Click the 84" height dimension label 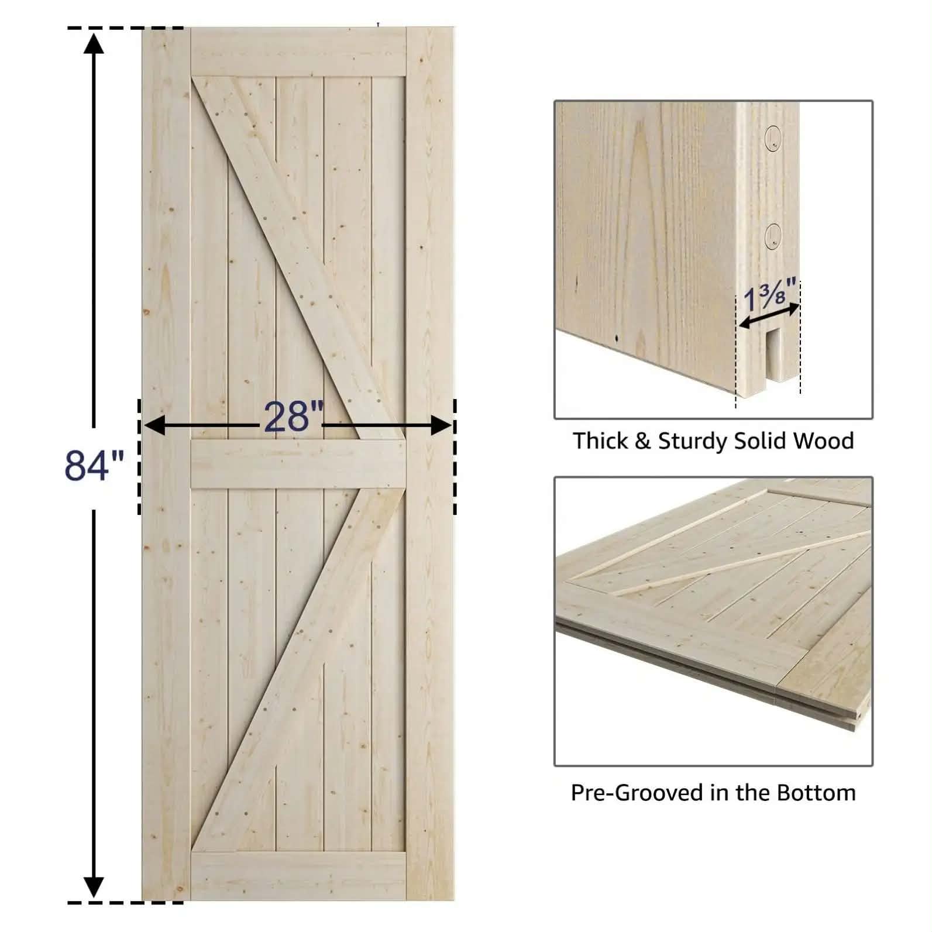tap(94, 465)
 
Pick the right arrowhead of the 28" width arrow tap(441, 426)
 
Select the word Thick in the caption tap(601, 441)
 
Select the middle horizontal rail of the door tap(298, 464)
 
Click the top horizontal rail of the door tap(298, 51)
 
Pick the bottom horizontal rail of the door tap(298, 876)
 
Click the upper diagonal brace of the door tap(298, 257)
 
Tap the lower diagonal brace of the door tap(298, 670)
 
